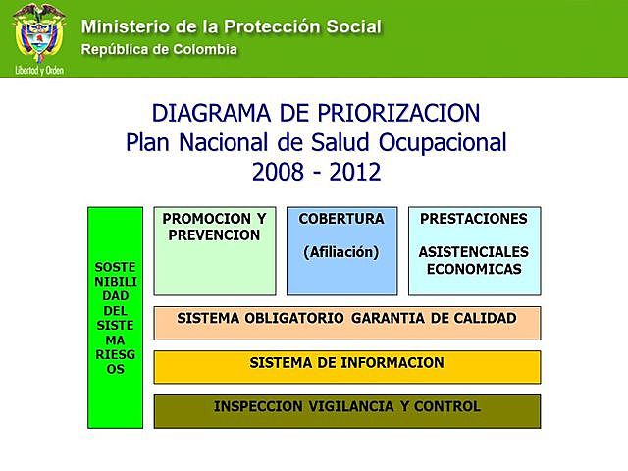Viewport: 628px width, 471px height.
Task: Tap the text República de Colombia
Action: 159,48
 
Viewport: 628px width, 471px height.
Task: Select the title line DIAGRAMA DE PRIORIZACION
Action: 316,111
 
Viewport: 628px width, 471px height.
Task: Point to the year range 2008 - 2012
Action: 316,172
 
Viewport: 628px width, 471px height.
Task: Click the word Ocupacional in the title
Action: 445,141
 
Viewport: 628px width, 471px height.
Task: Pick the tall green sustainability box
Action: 116,317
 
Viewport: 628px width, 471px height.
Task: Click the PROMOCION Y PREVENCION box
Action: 215,250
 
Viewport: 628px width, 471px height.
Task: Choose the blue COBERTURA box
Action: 341,250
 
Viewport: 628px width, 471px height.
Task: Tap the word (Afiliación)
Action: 341,252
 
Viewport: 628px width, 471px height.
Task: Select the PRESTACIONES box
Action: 474,250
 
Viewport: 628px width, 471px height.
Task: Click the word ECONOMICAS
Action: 474,269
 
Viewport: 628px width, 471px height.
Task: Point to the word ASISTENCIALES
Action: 474,252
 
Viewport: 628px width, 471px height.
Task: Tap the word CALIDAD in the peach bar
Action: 479,318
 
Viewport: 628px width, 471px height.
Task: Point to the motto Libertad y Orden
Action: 39,71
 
